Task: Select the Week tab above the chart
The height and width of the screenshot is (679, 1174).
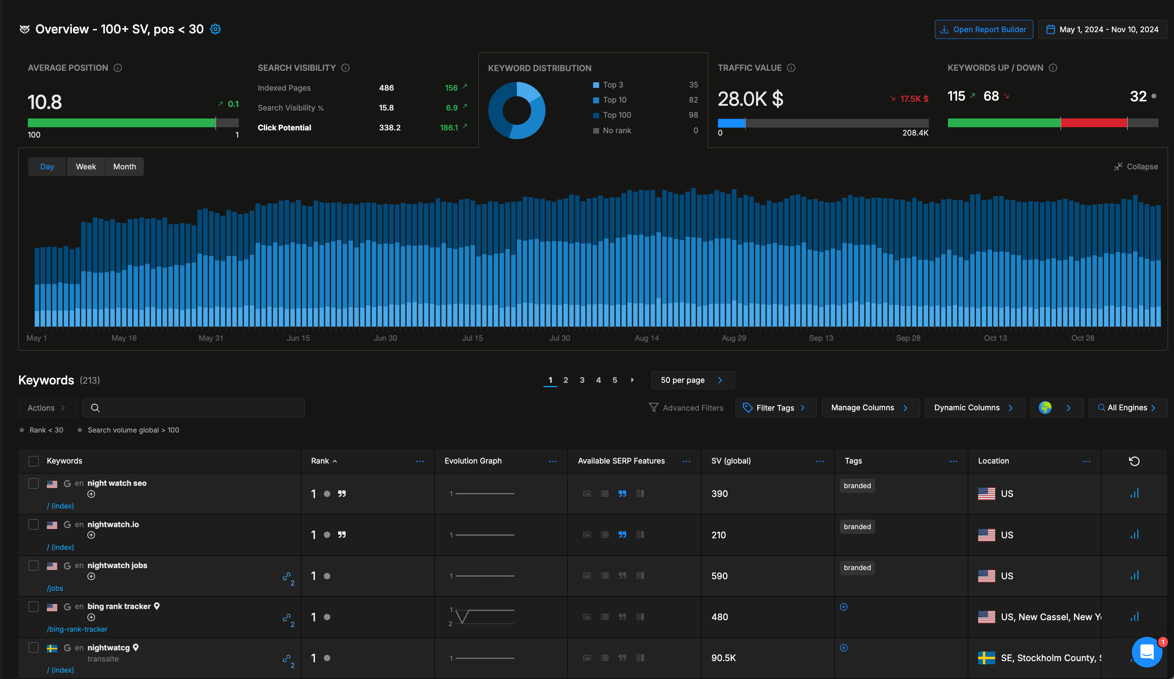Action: (x=86, y=167)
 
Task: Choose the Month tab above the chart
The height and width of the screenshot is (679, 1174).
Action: (x=124, y=167)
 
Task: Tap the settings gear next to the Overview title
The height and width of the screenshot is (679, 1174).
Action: (x=215, y=29)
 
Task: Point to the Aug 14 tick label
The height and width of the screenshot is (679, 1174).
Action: (x=647, y=338)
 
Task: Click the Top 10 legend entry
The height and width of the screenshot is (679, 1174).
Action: (x=614, y=100)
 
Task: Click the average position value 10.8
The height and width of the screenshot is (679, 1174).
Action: (x=45, y=102)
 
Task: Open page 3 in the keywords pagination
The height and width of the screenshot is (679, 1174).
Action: (x=582, y=380)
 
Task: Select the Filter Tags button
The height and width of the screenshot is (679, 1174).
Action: (x=775, y=408)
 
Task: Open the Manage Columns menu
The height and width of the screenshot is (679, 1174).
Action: (x=869, y=408)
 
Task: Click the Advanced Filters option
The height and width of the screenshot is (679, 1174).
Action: (x=686, y=408)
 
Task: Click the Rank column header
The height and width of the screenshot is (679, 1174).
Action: (x=320, y=461)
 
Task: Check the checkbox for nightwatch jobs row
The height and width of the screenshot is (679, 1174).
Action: (x=33, y=565)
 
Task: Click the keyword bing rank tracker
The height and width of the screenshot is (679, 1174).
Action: (x=119, y=606)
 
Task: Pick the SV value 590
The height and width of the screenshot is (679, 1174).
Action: (x=719, y=576)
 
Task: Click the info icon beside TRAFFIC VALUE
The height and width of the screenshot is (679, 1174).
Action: (x=791, y=68)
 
